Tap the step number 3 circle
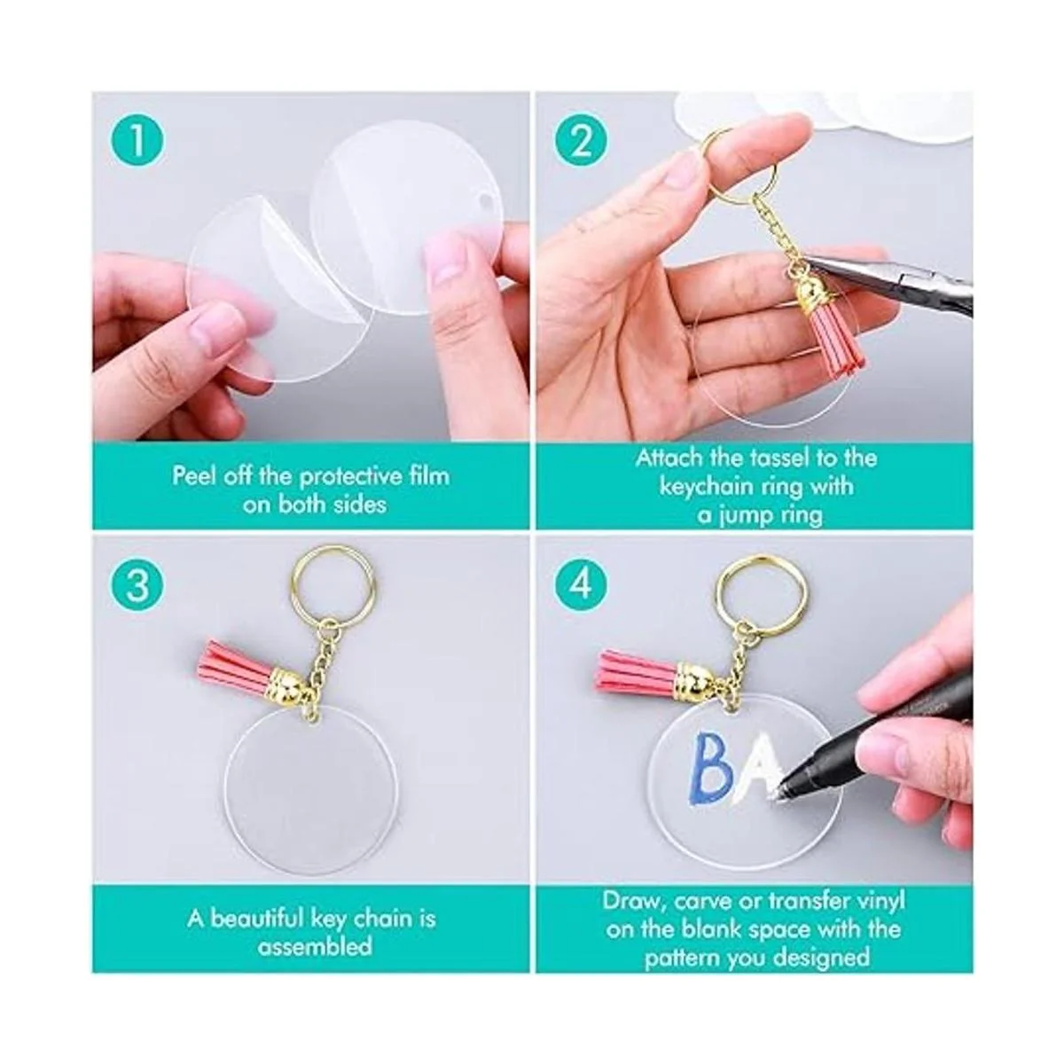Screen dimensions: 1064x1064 pyautogui.click(x=137, y=583)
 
